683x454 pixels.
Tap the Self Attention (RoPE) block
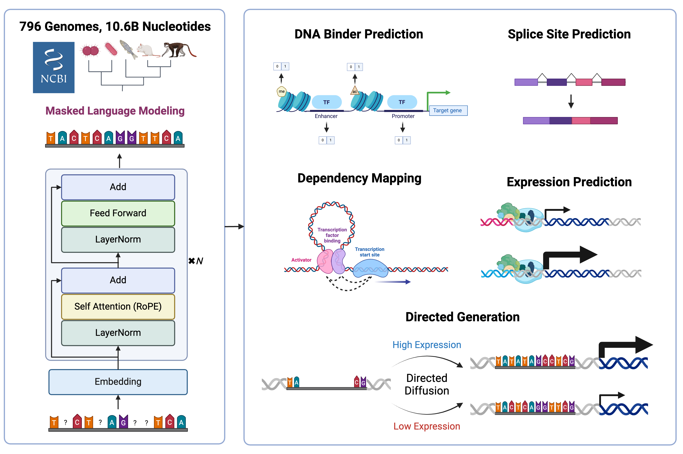(x=118, y=307)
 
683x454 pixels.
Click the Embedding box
(x=118, y=382)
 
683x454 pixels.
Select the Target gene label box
(x=448, y=110)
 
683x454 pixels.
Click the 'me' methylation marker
(x=282, y=91)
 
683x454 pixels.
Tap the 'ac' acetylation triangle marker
(x=355, y=91)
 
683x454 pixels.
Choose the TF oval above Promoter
(x=402, y=102)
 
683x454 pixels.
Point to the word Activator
(x=301, y=260)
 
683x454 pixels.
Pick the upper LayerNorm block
(x=118, y=239)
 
